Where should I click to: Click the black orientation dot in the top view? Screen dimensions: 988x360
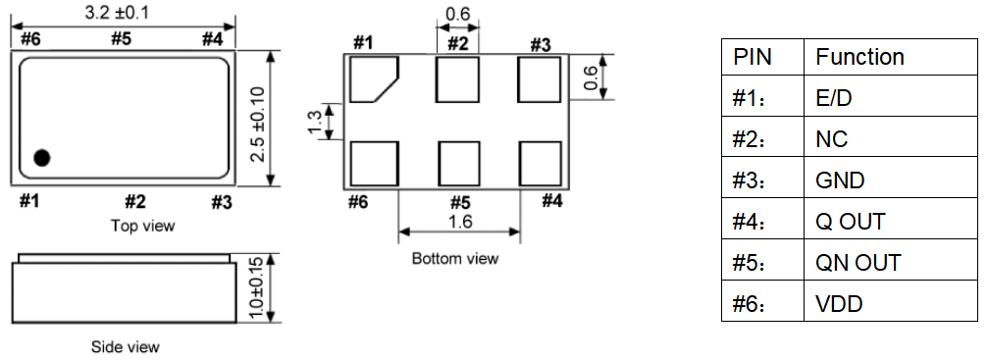click(x=41, y=158)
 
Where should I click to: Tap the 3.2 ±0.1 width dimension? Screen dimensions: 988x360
click(x=117, y=12)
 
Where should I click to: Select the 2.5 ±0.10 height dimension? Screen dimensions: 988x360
click(x=257, y=125)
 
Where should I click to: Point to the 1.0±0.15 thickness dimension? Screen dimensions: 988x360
click(x=256, y=288)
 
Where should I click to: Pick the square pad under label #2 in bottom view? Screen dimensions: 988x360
click(x=458, y=78)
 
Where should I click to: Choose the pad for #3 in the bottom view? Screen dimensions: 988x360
click(x=540, y=78)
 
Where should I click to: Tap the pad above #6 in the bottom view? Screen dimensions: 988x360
click(x=374, y=164)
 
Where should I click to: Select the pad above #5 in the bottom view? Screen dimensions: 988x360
click(x=459, y=164)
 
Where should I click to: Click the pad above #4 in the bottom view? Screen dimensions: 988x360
click(x=540, y=164)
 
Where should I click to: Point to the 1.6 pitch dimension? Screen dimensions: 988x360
click(x=459, y=222)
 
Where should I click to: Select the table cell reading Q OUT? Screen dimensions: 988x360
click(x=890, y=222)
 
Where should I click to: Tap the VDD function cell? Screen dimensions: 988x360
click(x=890, y=304)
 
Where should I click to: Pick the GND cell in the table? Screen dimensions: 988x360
click(x=890, y=180)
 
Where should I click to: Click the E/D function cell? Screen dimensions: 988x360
click(x=890, y=98)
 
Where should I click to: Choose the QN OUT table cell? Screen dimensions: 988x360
click(x=890, y=263)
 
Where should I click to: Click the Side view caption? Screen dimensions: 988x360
click(x=126, y=347)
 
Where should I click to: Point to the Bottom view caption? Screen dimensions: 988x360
click(x=455, y=259)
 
